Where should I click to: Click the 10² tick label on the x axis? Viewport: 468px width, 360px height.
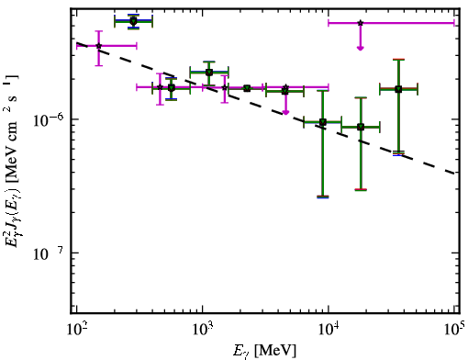click(x=76, y=331)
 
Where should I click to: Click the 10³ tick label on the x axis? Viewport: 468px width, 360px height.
click(x=203, y=331)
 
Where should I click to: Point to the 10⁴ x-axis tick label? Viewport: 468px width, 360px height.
click(x=329, y=331)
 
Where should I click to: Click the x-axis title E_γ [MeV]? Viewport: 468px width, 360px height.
click(x=264, y=351)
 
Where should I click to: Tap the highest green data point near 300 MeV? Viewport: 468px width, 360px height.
click(x=133, y=21)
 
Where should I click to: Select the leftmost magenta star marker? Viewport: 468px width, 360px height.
click(x=98, y=46)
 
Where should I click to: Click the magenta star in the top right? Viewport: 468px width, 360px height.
click(x=361, y=23)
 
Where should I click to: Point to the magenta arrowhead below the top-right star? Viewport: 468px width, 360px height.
click(x=361, y=48)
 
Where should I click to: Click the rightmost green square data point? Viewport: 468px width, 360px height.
click(x=398, y=89)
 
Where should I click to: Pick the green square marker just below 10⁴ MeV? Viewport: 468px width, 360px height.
click(x=323, y=122)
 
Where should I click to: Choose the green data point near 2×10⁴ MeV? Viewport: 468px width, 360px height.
click(x=361, y=127)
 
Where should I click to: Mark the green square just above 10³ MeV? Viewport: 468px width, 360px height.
click(x=209, y=73)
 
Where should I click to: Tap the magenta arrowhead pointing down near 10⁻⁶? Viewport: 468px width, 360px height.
click(x=285, y=113)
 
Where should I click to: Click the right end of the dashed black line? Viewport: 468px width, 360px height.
click(x=454, y=173)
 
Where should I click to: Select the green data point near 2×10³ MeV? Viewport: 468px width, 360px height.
click(x=247, y=88)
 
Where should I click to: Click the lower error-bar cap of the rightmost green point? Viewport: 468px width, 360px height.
click(x=398, y=153)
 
